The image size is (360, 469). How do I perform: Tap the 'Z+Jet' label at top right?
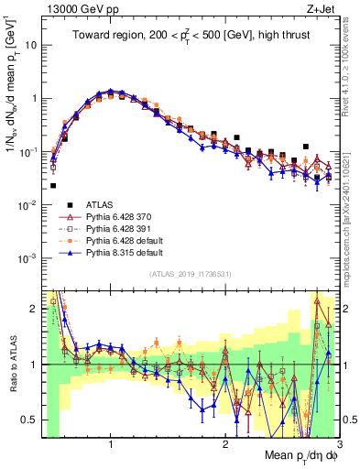pyautogui.click(x=322, y=8)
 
